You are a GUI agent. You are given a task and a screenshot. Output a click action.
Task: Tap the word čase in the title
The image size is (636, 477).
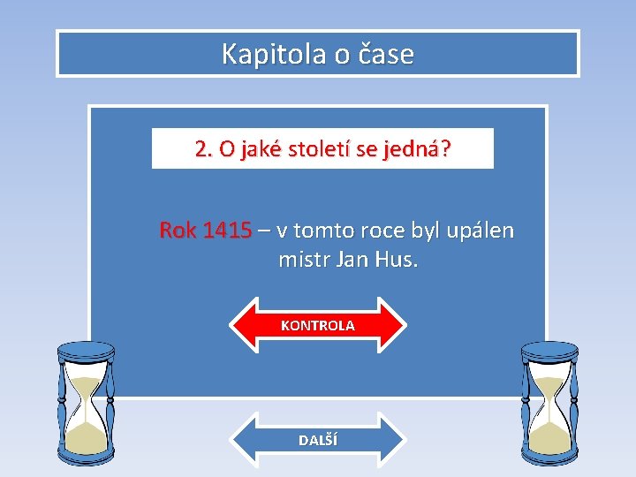tap(386, 54)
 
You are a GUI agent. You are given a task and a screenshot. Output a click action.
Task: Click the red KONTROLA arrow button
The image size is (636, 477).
tap(318, 325)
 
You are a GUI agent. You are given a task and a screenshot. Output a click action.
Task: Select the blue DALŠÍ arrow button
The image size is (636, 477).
tap(318, 440)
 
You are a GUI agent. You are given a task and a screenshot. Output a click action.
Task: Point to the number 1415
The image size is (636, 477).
tap(227, 231)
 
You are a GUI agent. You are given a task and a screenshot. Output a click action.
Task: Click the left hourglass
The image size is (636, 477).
tap(86, 403)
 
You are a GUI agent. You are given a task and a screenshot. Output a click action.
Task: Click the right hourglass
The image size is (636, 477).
tap(549, 403)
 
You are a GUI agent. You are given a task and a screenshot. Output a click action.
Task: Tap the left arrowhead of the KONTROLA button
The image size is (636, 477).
tap(243, 325)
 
